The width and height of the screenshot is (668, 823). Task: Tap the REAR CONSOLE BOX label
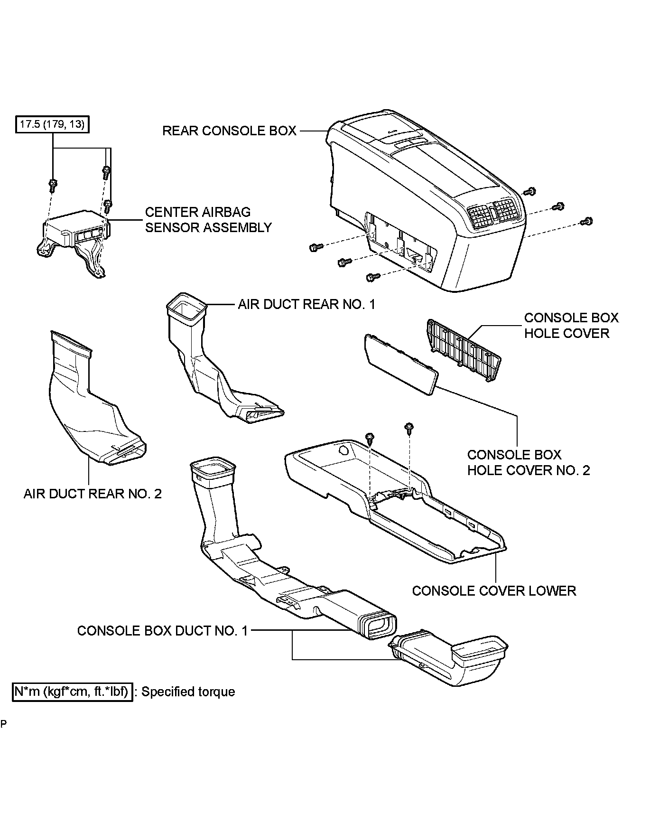229,131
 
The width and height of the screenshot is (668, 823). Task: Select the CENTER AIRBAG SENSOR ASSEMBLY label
208,220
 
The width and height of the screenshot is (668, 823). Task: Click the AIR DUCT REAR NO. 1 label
306,304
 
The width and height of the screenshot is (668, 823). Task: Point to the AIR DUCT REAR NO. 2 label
93,494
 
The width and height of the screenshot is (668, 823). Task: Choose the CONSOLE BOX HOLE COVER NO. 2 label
529,462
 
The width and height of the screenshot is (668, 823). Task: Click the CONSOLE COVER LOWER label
494,591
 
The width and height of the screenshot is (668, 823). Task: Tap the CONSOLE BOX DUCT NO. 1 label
162,631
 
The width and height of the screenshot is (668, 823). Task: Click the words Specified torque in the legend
188,692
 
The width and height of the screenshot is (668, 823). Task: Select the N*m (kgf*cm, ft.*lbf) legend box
72,692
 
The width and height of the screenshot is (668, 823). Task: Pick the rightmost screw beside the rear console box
587,221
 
